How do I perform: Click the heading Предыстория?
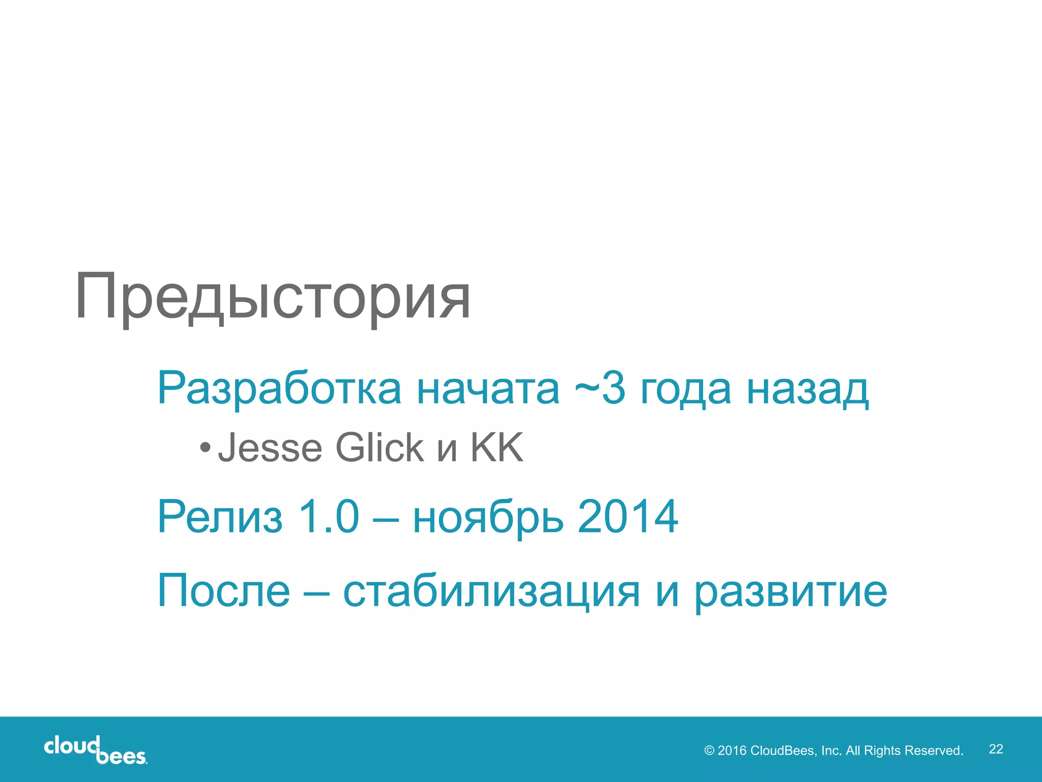(x=273, y=297)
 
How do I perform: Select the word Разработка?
(x=279, y=389)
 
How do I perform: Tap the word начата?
(x=488, y=389)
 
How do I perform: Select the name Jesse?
(x=270, y=448)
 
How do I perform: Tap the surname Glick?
(x=380, y=448)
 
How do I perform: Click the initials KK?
(x=497, y=448)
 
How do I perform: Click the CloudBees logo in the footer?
(x=95, y=750)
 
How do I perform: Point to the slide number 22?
(x=996, y=749)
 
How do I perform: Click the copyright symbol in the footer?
(x=709, y=751)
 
